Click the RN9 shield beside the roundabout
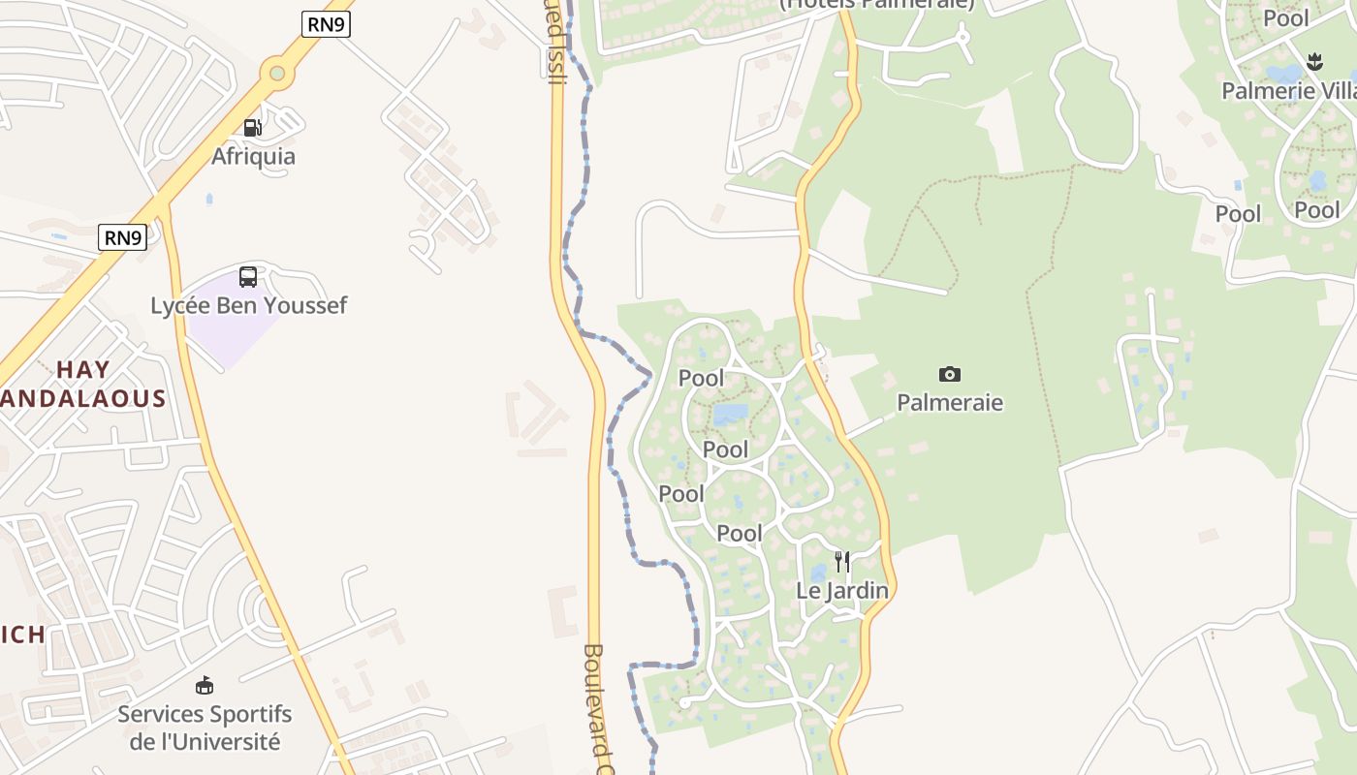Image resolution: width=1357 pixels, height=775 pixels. tap(326, 25)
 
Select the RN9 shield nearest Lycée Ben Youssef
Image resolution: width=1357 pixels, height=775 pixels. tap(122, 237)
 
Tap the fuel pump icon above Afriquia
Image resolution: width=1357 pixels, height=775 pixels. tap(252, 128)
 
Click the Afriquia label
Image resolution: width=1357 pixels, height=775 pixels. tap(253, 156)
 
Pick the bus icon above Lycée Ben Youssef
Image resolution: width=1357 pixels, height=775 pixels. tap(248, 277)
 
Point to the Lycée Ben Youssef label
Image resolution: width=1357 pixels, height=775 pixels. tap(248, 305)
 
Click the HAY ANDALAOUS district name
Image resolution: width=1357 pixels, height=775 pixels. tap(83, 384)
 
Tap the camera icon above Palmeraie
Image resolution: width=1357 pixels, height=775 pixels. tap(950, 374)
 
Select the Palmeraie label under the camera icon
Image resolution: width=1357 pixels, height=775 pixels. tap(950, 402)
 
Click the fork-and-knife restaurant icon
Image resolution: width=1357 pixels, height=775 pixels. tap(842, 561)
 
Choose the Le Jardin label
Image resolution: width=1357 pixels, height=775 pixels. tap(842, 590)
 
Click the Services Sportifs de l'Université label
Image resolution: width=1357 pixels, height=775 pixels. tap(205, 728)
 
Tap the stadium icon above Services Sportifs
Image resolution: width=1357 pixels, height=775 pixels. tap(205, 686)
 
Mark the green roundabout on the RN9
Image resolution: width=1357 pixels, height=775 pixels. tap(278, 72)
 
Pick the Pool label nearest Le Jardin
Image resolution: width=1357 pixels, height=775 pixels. tap(740, 533)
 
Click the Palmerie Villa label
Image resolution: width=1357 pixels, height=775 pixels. tap(1288, 91)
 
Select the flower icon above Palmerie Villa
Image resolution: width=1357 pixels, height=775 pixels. tap(1314, 62)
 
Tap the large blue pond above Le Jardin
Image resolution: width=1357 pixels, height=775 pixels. tap(731, 415)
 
